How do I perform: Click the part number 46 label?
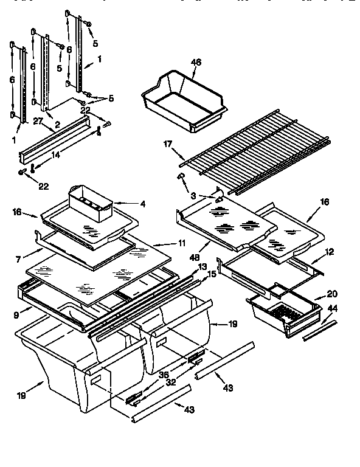(x=195, y=62)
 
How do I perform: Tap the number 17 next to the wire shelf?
(x=168, y=145)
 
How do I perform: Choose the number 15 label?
(x=210, y=275)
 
